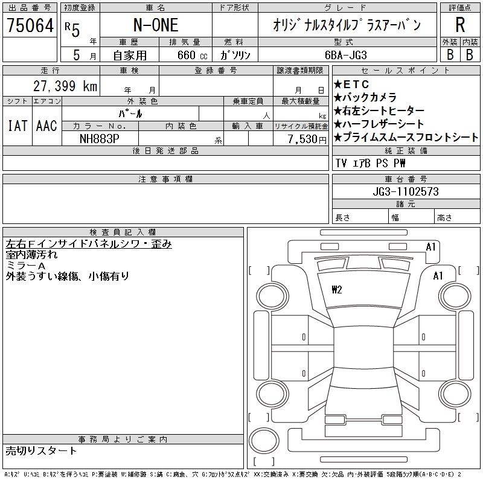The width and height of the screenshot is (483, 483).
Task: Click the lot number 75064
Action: pyautogui.click(x=30, y=25)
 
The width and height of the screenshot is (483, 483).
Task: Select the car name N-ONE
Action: pyautogui.click(x=156, y=25)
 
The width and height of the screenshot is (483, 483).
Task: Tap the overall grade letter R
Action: pyautogui.click(x=460, y=25)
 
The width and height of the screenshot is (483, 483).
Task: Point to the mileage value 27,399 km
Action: pyautogui.click(x=65, y=86)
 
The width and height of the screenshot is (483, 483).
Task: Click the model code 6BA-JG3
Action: pyautogui.click(x=346, y=55)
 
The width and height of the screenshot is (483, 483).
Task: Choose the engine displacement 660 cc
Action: pyautogui.click(x=192, y=55)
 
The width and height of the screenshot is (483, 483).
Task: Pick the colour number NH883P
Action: pyautogui.click(x=99, y=139)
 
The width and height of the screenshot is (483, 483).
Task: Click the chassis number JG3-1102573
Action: pyautogui.click(x=406, y=191)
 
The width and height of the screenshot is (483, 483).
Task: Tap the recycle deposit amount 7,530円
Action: pyautogui.click(x=307, y=139)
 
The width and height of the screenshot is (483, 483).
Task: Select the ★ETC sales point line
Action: pyautogui.click(x=351, y=84)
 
